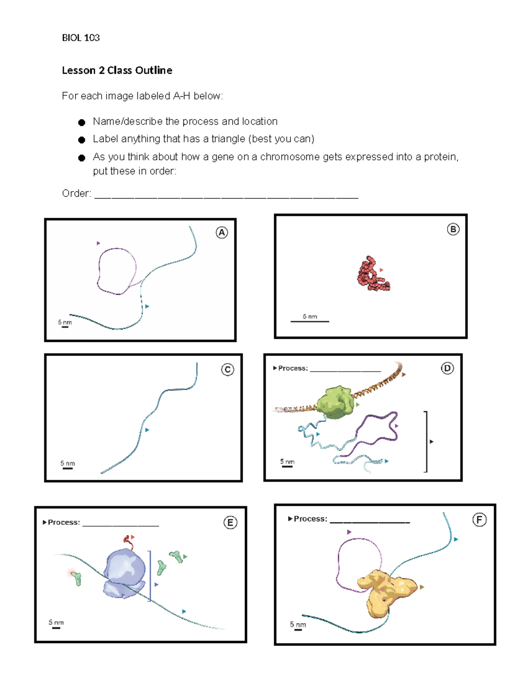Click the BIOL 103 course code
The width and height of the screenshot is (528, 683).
(81, 38)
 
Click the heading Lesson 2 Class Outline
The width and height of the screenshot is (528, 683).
(117, 70)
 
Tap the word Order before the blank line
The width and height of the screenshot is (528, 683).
(76, 194)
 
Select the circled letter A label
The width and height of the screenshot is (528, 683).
(222, 233)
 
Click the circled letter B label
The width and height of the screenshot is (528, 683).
(453, 229)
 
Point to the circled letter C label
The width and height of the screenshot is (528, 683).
(227, 369)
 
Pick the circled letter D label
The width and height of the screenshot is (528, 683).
(447, 368)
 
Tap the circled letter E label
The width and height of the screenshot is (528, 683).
(230, 522)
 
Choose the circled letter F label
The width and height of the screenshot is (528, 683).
(479, 520)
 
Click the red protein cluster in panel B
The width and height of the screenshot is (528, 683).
(372, 275)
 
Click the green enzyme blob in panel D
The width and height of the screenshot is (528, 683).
(336, 402)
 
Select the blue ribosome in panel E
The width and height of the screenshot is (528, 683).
(125, 573)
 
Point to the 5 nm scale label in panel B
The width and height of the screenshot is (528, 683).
(310, 317)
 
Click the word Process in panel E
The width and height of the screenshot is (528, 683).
(64, 522)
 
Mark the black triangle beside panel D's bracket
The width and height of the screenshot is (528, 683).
(432, 442)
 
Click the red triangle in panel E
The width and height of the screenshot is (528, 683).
(133, 537)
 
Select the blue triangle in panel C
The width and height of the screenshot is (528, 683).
(147, 430)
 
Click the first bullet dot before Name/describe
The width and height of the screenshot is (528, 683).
(81, 122)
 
